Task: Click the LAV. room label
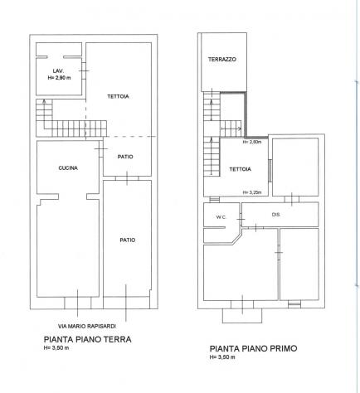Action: click(x=58, y=71)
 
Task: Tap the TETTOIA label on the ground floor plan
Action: click(x=118, y=96)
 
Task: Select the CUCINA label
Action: click(x=68, y=167)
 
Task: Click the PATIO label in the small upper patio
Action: click(x=125, y=157)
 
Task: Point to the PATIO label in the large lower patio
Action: click(x=128, y=240)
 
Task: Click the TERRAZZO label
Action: click(x=222, y=59)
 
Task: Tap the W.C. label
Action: click(x=221, y=217)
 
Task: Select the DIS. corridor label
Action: click(x=276, y=215)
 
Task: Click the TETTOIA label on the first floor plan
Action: click(x=240, y=169)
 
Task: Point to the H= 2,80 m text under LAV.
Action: click(x=59, y=78)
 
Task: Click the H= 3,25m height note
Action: click(x=252, y=192)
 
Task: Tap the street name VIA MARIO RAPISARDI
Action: click(x=87, y=326)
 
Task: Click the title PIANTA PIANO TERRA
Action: click(x=88, y=339)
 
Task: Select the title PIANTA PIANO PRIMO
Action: click(x=253, y=348)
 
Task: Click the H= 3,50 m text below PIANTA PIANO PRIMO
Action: click(x=222, y=357)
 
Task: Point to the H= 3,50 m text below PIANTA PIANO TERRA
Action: click(x=56, y=348)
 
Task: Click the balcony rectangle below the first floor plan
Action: click(x=242, y=323)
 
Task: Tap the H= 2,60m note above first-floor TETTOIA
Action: click(x=252, y=142)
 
